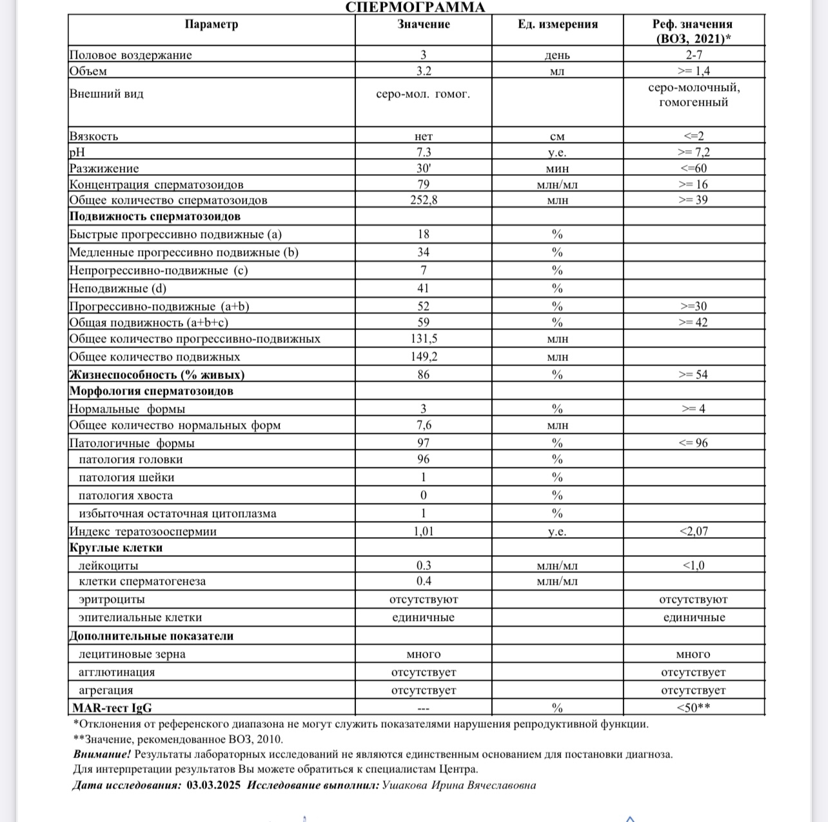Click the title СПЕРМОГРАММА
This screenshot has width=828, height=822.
415,7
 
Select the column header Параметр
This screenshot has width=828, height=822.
212,24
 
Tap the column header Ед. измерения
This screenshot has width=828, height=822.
557,24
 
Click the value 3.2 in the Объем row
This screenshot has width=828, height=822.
423,71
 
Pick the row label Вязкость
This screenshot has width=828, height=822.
94,136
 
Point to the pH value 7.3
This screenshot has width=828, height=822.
423,152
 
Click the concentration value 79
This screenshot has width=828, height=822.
423,184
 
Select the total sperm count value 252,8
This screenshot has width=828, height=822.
423,200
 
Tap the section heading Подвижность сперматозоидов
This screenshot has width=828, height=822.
155,217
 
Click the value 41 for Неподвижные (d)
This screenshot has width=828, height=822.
423,288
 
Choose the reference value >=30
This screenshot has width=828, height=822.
693,306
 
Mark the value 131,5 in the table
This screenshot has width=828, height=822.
423,338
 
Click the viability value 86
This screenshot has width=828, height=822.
423,375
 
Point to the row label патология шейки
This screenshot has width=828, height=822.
126,478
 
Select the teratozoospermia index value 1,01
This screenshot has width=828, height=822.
423,531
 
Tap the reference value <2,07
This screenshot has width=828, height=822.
693,531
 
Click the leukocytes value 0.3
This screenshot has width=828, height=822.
423,565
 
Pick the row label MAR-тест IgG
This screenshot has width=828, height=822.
112,708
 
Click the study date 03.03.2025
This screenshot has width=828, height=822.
213,785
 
